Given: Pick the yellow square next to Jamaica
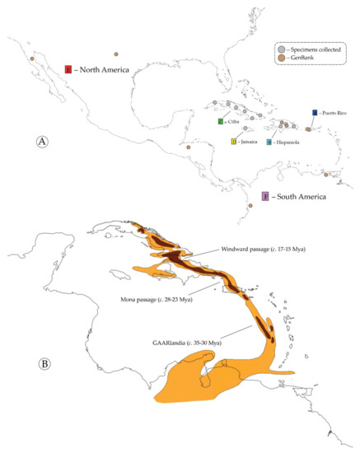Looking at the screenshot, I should pyautogui.click(x=234, y=142).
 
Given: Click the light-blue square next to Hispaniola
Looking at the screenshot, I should pyautogui.click(x=269, y=142).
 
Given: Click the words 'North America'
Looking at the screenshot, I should pyautogui.click(x=105, y=69).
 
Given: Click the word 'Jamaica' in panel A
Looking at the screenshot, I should pyautogui.click(x=250, y=142).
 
